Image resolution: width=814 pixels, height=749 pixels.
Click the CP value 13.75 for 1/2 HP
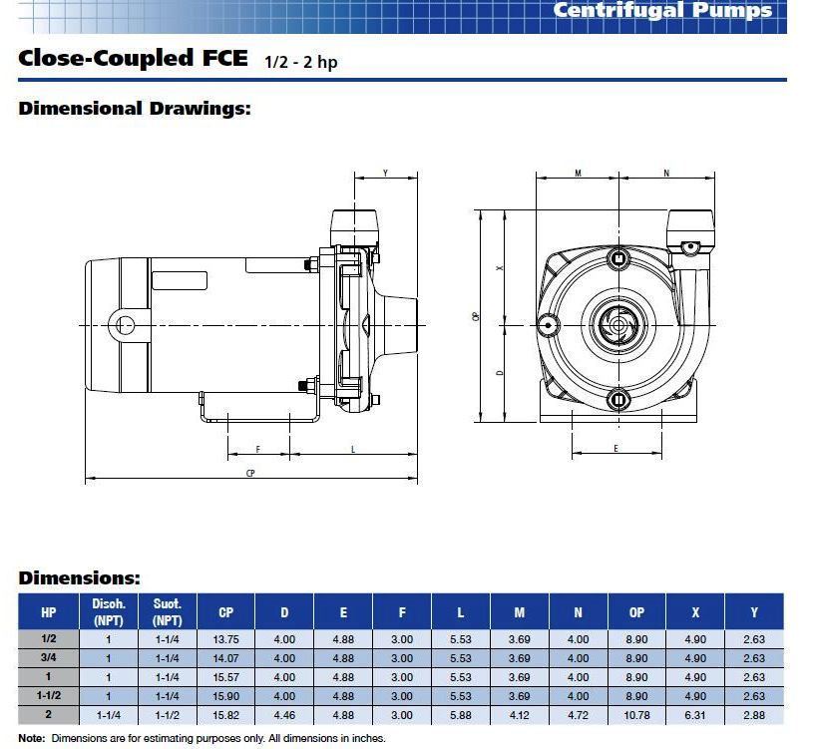(225, 640)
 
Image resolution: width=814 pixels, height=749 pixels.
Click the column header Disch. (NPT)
(108, 611)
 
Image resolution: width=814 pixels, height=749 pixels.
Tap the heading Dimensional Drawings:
(135, 108)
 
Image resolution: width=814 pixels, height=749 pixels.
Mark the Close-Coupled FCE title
(134, 58)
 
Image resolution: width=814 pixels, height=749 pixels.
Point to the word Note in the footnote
(31, 739)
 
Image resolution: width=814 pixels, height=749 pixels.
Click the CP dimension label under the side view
(250, 472)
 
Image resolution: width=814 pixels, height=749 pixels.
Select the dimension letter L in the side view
(353, 450)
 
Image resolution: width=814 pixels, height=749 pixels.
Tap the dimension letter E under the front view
(615, 449)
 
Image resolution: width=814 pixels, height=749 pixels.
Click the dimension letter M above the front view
(578, 174)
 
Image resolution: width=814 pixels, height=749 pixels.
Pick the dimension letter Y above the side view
(386, 174)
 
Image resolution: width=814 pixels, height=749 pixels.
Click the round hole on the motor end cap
(125, 324)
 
